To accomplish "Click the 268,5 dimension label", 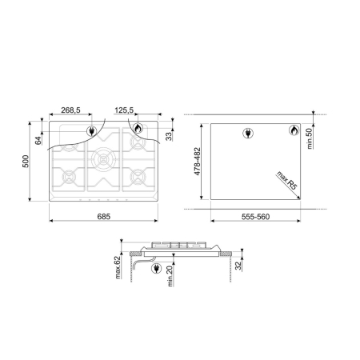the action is coord(70,110).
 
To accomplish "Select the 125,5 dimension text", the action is coord(124,110).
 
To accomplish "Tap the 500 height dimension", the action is coord(26,161).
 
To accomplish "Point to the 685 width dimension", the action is coord(104,216).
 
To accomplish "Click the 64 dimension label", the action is coord(38,141).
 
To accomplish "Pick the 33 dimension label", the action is coord(169,136).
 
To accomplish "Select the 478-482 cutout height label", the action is coord(197,162).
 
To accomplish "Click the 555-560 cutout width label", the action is coord(255,217).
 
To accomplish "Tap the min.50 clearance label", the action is coord(310,138).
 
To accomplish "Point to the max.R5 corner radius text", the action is coord(287,180).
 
